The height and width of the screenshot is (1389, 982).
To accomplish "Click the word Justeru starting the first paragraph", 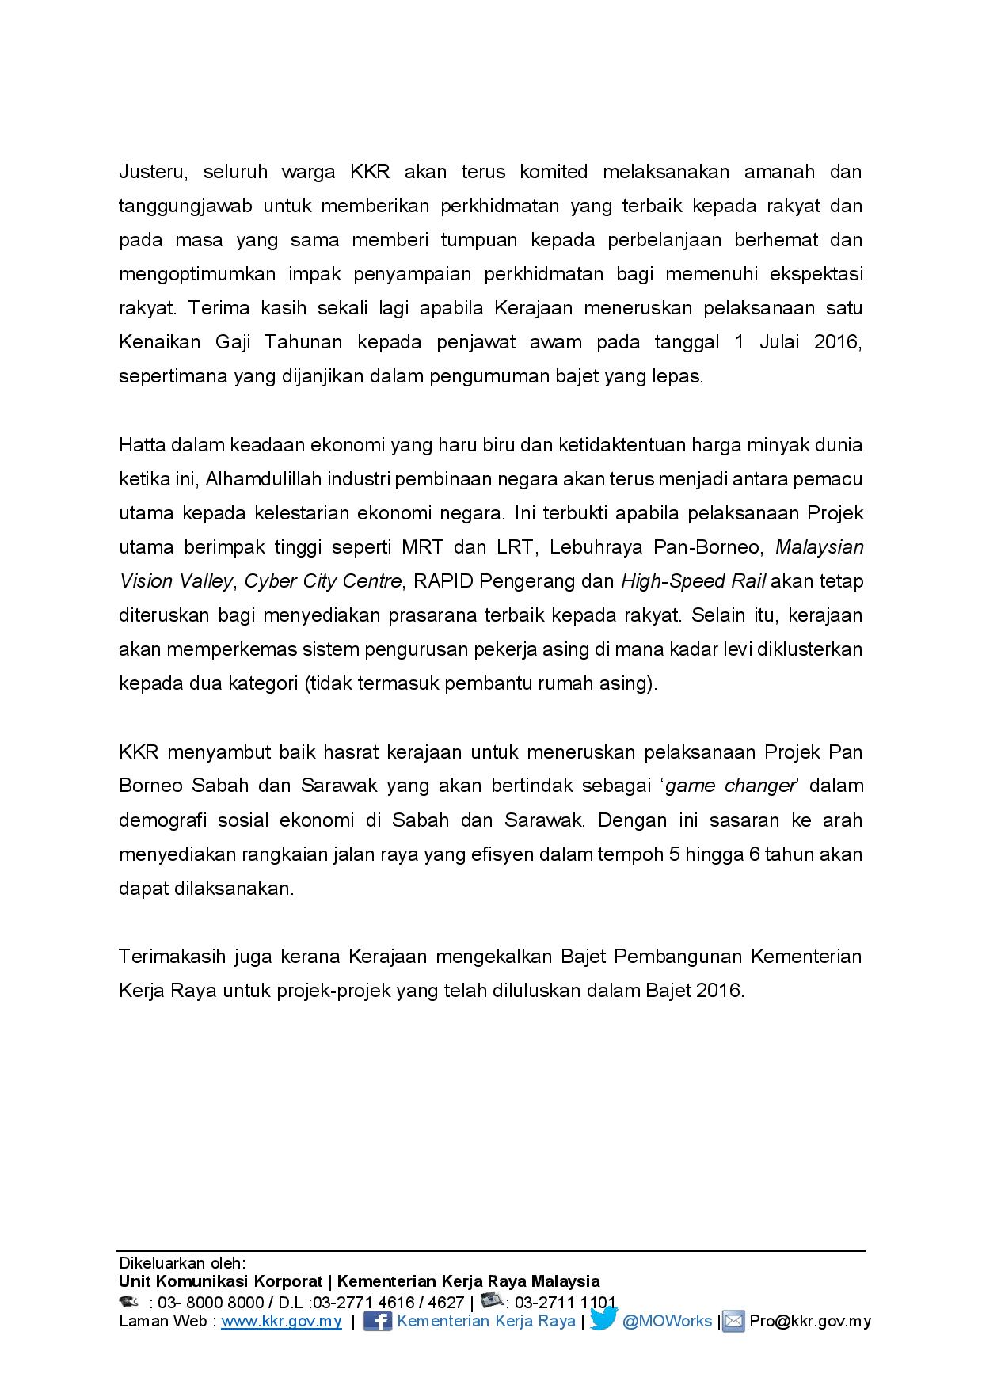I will (x=151, y=172).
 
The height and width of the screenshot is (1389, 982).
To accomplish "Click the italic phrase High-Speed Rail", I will (x=693, y=581).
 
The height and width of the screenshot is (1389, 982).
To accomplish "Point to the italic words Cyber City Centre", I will (x=323, y=581).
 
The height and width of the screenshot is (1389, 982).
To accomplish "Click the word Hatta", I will (x=139, y=445).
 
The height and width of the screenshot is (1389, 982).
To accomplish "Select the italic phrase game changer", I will (x=729, y=786).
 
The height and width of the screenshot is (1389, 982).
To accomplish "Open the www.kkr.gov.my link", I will (x=281, y=1321).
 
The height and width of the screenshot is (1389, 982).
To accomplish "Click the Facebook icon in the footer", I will (x=377, y=1321).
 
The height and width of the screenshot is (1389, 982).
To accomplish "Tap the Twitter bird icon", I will (x=603, y=1319).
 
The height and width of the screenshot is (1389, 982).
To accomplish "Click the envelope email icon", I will (x=733, y=1321).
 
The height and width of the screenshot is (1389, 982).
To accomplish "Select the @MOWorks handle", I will (x=667, y=1321).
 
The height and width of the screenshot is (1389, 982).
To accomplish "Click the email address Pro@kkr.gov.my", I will (x=809, y=1321).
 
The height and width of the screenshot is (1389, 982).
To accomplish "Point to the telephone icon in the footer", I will (x=128, y=1301).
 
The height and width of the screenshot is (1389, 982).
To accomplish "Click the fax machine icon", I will (x=493, y=1300).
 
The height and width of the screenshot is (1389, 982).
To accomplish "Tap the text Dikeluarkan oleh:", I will (x=182, y=1262).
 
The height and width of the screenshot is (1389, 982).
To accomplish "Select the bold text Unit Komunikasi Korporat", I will (x=220, y=1281).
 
